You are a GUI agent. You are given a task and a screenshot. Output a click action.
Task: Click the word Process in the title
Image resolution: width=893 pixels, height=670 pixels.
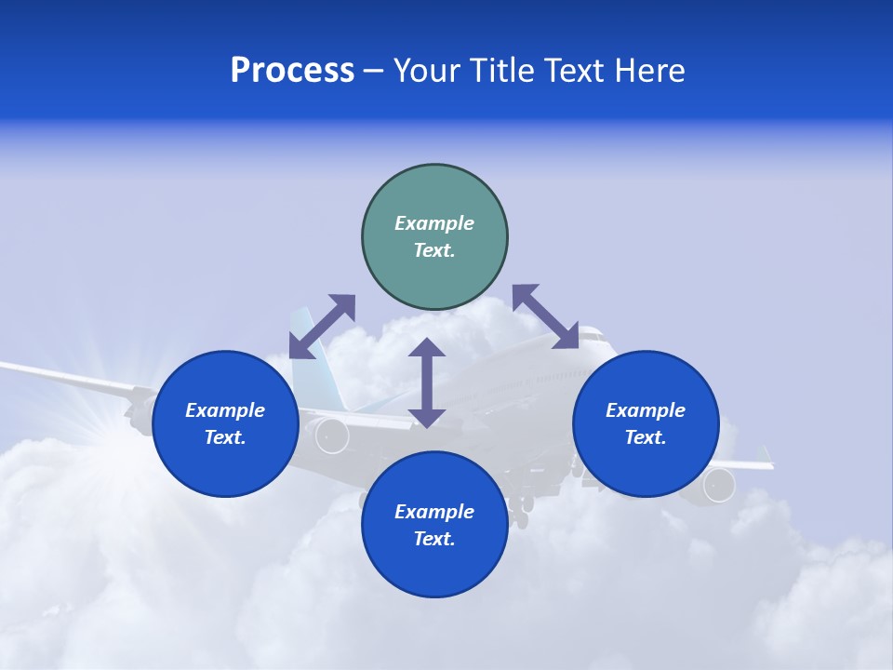pyautogui.click(x=292, y=71)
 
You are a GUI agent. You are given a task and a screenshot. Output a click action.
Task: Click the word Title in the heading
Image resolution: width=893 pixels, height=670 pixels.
pyautogui.click(x=501, y=71)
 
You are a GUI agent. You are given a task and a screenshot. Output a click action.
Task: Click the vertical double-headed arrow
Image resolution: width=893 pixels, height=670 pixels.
pyautogui.click(x=427, y=382)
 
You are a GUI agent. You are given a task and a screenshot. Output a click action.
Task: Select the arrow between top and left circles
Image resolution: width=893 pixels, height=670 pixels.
pyautogui.click(x=322, y=326)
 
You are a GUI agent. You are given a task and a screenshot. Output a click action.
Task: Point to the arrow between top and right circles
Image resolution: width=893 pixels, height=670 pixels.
pyautogui.click(x=545, y=316)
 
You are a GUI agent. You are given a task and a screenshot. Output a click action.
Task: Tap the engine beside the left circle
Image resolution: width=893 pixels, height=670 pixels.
pyautogui.click(x=331, y=435)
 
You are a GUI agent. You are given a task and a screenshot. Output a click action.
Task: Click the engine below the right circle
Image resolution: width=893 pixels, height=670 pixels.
pyautogui.click(x=717, y=485)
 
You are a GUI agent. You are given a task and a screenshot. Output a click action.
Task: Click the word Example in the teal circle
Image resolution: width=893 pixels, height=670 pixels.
pyautogui.click(x=434, y=223)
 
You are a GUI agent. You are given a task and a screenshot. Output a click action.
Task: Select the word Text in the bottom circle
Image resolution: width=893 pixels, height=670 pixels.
pyautogui.click(x=433, y=540)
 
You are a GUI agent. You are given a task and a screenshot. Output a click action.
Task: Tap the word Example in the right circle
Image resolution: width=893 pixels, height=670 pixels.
pyautogui.click(x=646, y=410)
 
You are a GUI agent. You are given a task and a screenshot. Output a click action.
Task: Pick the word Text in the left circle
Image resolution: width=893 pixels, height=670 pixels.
pyautogui.click(x=224, y=438)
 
